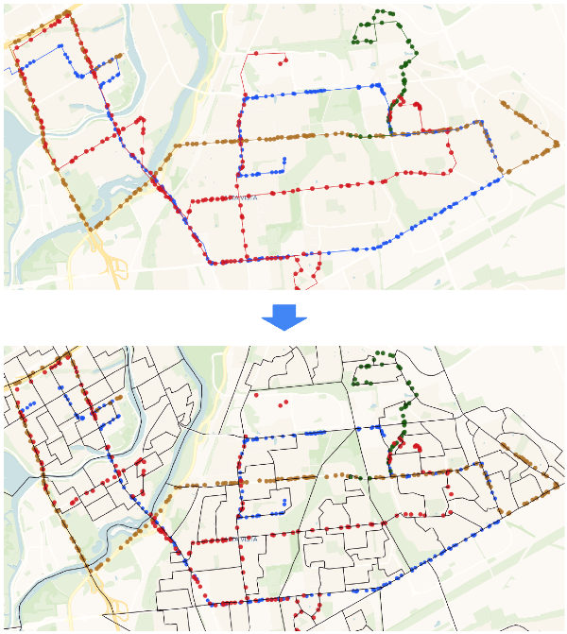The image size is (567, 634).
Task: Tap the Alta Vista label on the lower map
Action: tap(245, 540)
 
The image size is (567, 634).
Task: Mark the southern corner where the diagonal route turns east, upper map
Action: tap(209, 262)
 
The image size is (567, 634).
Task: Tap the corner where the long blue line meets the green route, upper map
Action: tap(385, 88)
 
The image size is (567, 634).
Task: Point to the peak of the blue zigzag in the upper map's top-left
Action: tap(66, 47)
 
